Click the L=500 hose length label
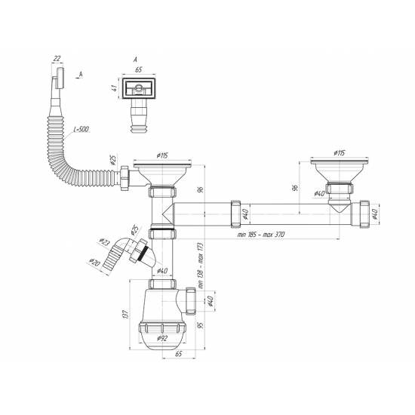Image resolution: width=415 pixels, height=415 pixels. pos(81,130)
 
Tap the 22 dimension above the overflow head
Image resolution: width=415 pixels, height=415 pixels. pos(57,59)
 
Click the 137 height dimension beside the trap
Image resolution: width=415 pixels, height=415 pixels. pos(126,314)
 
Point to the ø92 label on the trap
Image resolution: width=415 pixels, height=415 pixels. pos(161,338)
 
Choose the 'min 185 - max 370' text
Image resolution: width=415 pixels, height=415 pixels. pos(261,235)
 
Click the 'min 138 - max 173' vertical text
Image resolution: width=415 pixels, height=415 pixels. pos(201,266)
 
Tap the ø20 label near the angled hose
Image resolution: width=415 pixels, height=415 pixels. pos(94,263)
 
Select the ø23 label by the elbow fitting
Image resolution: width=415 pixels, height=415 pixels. pos(104,242)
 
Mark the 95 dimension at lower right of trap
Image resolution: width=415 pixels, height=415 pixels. pos(201,325)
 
